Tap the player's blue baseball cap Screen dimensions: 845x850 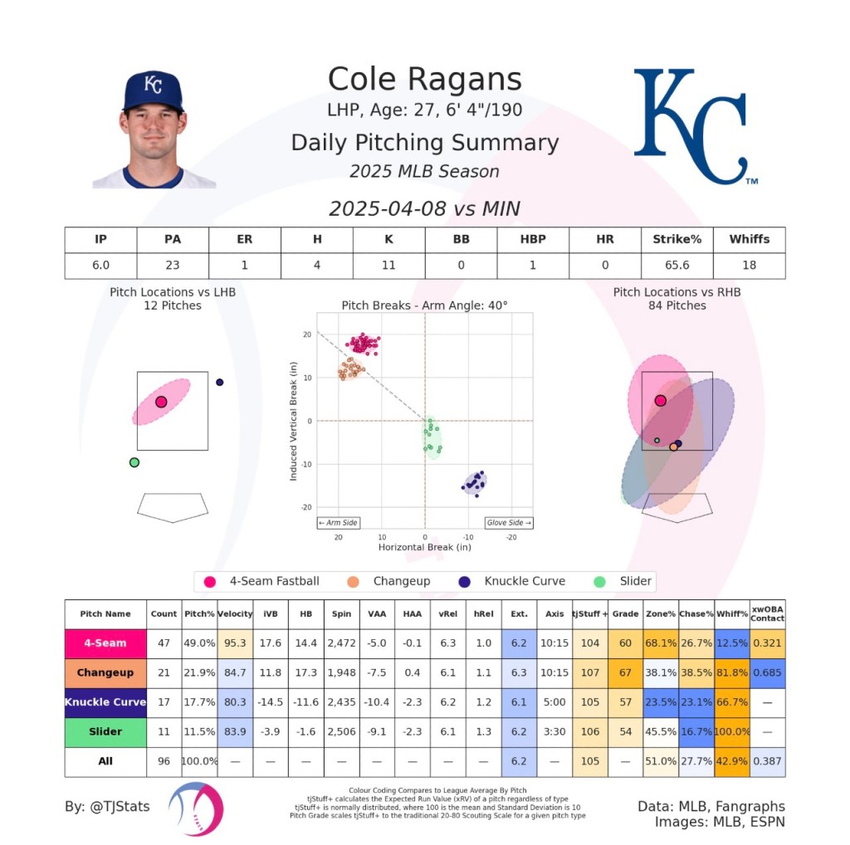pos(153,91)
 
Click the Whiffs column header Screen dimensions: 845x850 pos(749,239)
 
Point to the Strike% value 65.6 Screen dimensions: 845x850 pos(677,265)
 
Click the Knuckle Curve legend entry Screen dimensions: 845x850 pos(514,581)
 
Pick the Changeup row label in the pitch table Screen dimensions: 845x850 pos(105,672)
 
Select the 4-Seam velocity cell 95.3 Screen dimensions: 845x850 pos(234,642)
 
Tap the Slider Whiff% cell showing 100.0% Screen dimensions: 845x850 pos(731,732)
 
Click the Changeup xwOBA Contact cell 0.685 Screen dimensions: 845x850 pos(767,672)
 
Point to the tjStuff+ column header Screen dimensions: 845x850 pos(590,614)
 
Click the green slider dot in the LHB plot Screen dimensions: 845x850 pos(134,462)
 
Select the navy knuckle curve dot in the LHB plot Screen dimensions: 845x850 pos(219,382)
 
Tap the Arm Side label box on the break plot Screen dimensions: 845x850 pos(338,523)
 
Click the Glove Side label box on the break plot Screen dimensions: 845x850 pos(509,523)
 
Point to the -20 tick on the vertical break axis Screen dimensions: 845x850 pos(307,507)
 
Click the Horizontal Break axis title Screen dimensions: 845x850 pos(424,548)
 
